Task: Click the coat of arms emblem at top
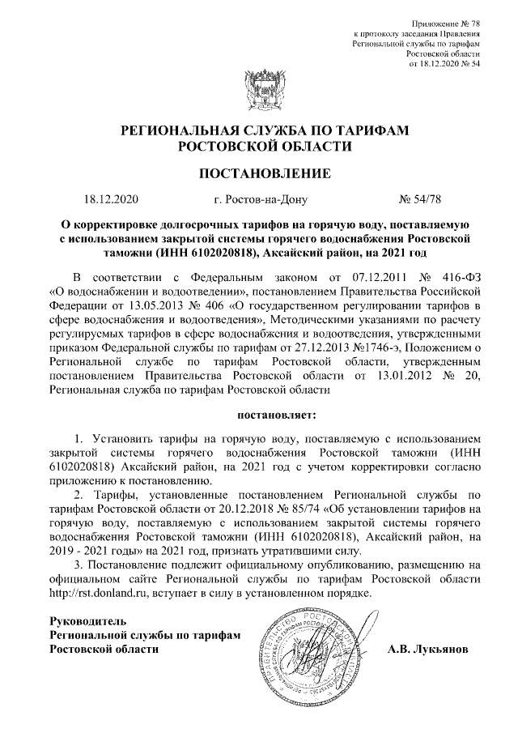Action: pos(260,87)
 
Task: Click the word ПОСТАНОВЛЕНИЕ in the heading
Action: pos(265,173)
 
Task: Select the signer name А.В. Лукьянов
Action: pos(427,650)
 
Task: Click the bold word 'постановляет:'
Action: pos(259,416)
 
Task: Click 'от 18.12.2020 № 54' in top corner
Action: pos(446,64)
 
